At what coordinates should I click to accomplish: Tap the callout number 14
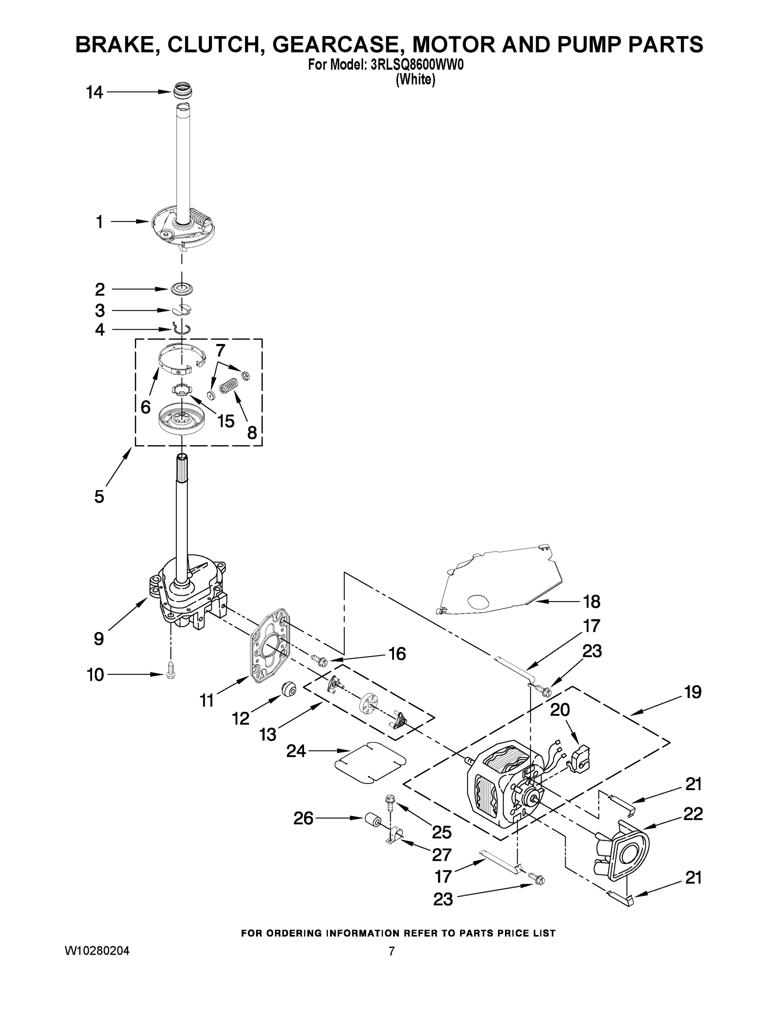94,92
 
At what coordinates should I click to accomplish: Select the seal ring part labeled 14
183,90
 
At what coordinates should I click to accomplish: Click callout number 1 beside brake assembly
99,222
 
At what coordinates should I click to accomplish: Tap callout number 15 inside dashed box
225,421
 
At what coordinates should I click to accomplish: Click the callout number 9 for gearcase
98,639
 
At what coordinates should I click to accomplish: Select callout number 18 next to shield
592,602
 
